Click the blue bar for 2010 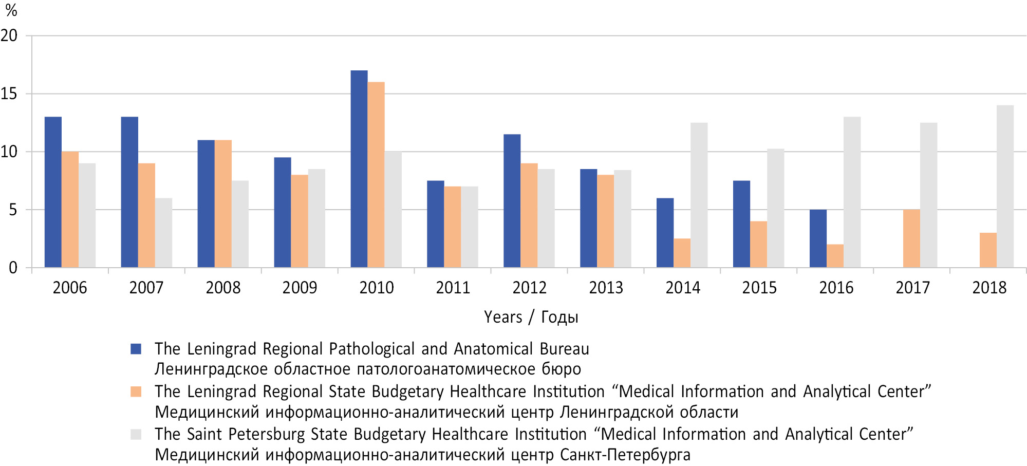[x=359, y=169]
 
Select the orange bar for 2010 [x=376, y=175]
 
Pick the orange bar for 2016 [x=835, y=256]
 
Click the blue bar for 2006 [x=53, y=192]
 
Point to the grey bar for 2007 [x=163, y=233]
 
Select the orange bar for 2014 [x=682, y=253]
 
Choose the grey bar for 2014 [x=699, y=195]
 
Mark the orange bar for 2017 [x=911, y=238]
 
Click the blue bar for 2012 [x=512, y=201]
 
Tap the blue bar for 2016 [x=818, y=238]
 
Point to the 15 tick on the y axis [x=9, y=94]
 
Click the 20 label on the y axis [x=9, y=35]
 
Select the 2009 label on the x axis [x=300, y=288]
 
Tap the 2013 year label [x=606, y=288]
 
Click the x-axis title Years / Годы [x=531, y=317]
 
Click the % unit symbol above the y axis [x=11, y=10]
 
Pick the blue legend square [x=136, y=349]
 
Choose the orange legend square [x=136, y=392]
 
